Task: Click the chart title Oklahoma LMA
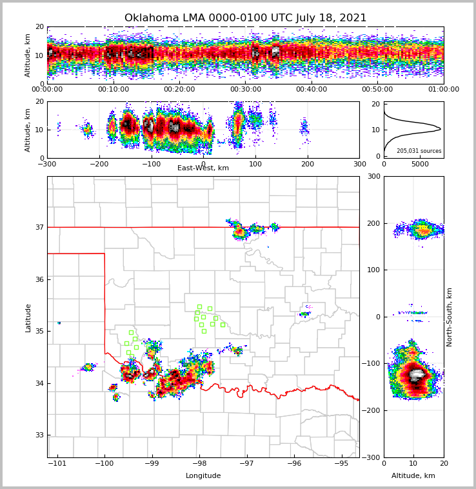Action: (245, 18)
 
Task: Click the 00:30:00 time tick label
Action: (246, 90)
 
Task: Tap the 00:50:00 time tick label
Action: (377, 90)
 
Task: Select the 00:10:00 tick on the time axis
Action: (114, 90)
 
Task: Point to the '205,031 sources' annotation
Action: (419, 151)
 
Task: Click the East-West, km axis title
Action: (203, 168)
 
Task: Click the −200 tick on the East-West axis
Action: (99, 164)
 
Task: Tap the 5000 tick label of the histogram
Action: (420, 164)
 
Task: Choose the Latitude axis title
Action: (28, 317)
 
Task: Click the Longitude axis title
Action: (203, 476)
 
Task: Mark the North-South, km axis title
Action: (450, 317)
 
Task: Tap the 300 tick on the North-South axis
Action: (373, 177)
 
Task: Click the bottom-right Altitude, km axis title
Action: (413, 476)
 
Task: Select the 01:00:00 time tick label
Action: (444, 90)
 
